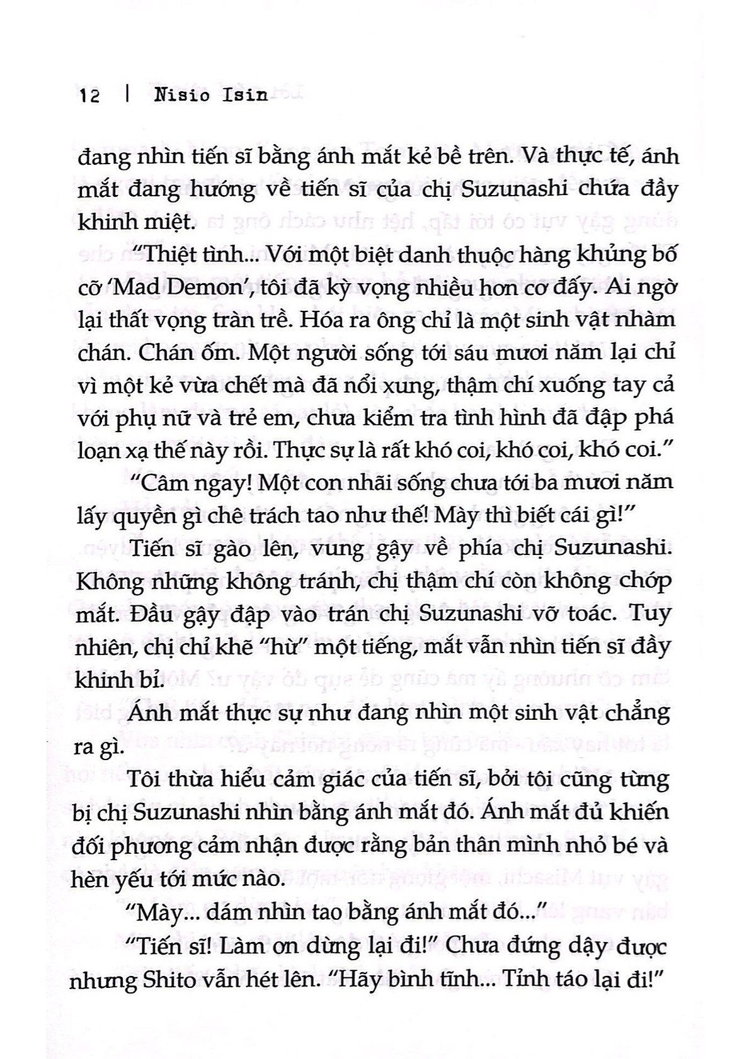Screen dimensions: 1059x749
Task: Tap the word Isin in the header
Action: [x=244, y=95]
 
